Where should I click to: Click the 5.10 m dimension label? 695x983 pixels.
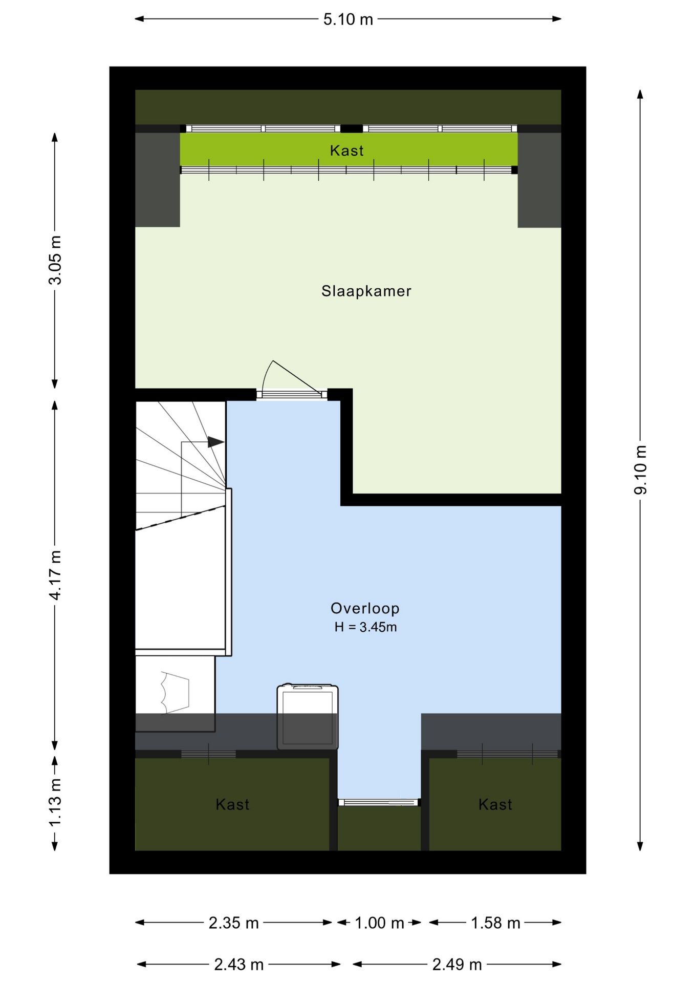tap(348, 19)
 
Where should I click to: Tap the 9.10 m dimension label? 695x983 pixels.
tap(641, 470)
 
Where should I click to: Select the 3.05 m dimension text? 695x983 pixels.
tap(55, 260)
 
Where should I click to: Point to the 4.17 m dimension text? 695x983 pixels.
tap(55, 575)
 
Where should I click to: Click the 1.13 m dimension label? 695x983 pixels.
tap(55, 802)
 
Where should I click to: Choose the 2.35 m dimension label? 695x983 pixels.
tap(234, 923)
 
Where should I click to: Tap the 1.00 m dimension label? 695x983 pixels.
tap(379, 923)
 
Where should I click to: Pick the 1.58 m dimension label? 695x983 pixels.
tap(495, 923)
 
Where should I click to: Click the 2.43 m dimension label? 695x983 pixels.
tap(238, 965)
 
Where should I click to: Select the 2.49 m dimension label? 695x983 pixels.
tap(457, 965)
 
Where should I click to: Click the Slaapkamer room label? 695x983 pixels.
tap(366, 291)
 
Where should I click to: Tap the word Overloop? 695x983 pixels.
tap(365, 608)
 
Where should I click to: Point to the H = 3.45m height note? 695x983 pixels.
tap(365, 627)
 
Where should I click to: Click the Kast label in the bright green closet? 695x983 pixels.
tap(347, 151)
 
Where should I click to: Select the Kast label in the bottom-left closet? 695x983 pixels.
tap(232, 804)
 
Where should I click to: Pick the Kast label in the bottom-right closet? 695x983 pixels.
tap(495, 804)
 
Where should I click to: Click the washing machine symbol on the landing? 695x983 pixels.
tap(308, 716)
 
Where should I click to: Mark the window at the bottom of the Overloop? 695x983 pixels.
tap(379, 802)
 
